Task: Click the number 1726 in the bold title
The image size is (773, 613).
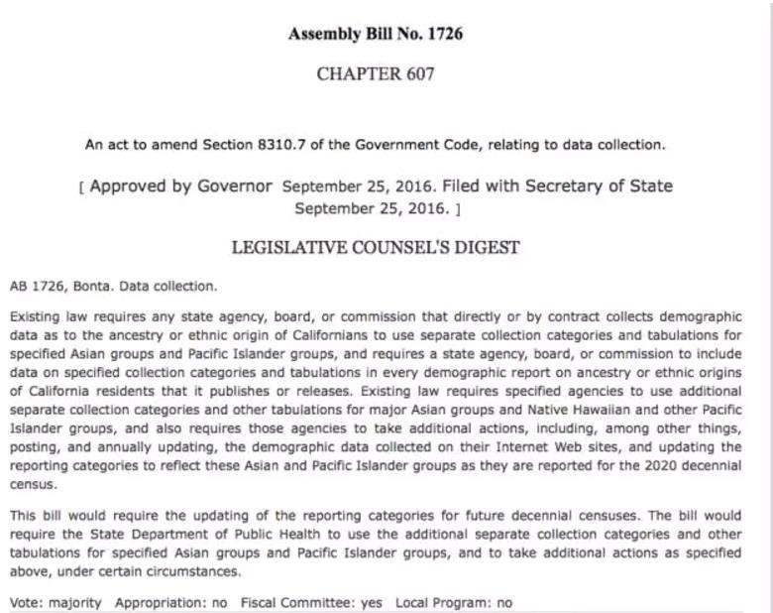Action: [x=444, y=34]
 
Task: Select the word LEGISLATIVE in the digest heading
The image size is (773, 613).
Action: [x=288, y=248]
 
